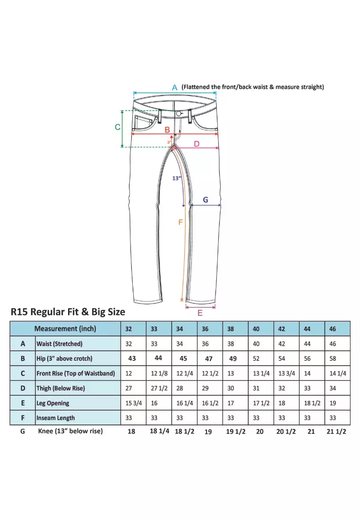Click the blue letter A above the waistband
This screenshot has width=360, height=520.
pyautogui.click(x=174, y=87)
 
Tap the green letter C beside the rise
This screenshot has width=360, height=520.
pyautogui.click(x=118, y=127)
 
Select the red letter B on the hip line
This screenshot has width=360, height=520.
pyautogui.click(x=167, y=130)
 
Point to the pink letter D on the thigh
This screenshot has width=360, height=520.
pyautogui.click(x=197, y=144)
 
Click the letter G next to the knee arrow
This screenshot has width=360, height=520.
pyautogui.click(x=206, y=200)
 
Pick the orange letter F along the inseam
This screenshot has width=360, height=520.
pyautogui.click(x=180, y=222)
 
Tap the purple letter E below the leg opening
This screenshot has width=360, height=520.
pyautogui.click(x=200, y=313)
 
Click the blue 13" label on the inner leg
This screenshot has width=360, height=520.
pyautogui.click(x=177, y=178)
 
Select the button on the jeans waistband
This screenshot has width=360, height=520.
pyautogui.click(x=179, y=114)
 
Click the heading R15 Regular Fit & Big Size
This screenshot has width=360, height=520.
pyautogui.click(x=68, y=312)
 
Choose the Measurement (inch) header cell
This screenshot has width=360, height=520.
pyautogui.click(x=65, y=329)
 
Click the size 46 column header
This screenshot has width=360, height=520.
pyautogui.click(x=333, y=329)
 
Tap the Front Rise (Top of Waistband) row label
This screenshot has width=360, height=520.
pyautogui.click(x=76, y=373)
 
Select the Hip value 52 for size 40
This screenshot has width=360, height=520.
pyautogui.click(x=256, y=358)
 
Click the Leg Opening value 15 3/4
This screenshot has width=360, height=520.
pyautogui.click(x=132, y=403)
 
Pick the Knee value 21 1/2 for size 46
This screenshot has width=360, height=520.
pyautogui.click(x=336, y=432)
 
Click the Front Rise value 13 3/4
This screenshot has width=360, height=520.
pyautogui.click(x=287, y=373)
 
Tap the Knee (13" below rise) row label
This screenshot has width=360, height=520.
pyautogui.click(x=70, y=431)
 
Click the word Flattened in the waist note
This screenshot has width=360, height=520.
pyautogui.click(x=198, y=87)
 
